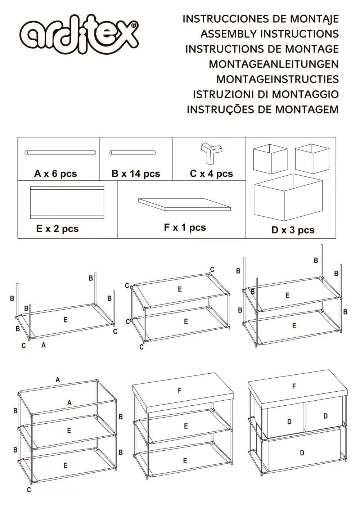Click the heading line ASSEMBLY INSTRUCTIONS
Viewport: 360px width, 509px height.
point(270,34)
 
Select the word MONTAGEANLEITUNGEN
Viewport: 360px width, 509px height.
point(274,64)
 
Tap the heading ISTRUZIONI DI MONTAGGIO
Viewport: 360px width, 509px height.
point(266,94)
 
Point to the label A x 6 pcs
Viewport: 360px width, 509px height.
point(55,174)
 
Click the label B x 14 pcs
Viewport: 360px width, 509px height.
point(136,174)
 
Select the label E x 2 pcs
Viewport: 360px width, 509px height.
point(57,229)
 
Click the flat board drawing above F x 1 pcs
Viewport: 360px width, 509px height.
point(184,204)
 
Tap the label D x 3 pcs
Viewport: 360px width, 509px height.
point(293,230)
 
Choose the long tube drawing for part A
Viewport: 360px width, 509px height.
point(60,153)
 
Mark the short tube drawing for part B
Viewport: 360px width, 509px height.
point(132,153)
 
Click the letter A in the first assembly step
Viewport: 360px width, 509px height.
point(44,345)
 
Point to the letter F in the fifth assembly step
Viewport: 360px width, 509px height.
point(180,391)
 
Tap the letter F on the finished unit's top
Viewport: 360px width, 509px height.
point(294,386)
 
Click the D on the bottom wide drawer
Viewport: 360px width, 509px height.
point(302,453)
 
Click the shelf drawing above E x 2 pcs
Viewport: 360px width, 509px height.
point(67,202)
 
